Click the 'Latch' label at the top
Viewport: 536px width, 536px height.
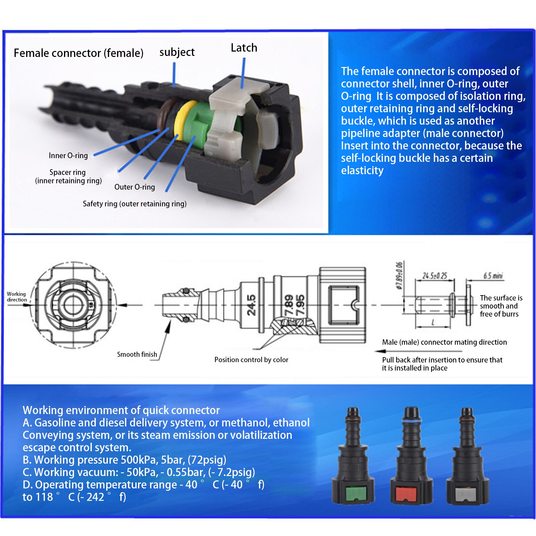(244, 48)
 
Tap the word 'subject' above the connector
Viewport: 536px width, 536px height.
(177, 52)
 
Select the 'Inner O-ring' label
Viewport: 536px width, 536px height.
(68, 155)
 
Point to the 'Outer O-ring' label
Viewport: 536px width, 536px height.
(135, 187)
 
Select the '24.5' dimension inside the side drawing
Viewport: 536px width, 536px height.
(251, 305)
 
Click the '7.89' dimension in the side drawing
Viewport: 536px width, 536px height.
(289, 305)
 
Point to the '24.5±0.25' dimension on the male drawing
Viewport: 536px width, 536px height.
(434, 276)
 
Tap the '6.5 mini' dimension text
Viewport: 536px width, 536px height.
(493, 276)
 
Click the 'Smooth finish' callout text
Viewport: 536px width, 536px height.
(137, 354)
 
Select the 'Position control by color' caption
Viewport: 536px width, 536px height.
(251, 360)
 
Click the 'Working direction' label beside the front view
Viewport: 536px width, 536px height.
(16, 297)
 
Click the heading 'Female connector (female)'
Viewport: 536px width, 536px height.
(79, 53)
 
